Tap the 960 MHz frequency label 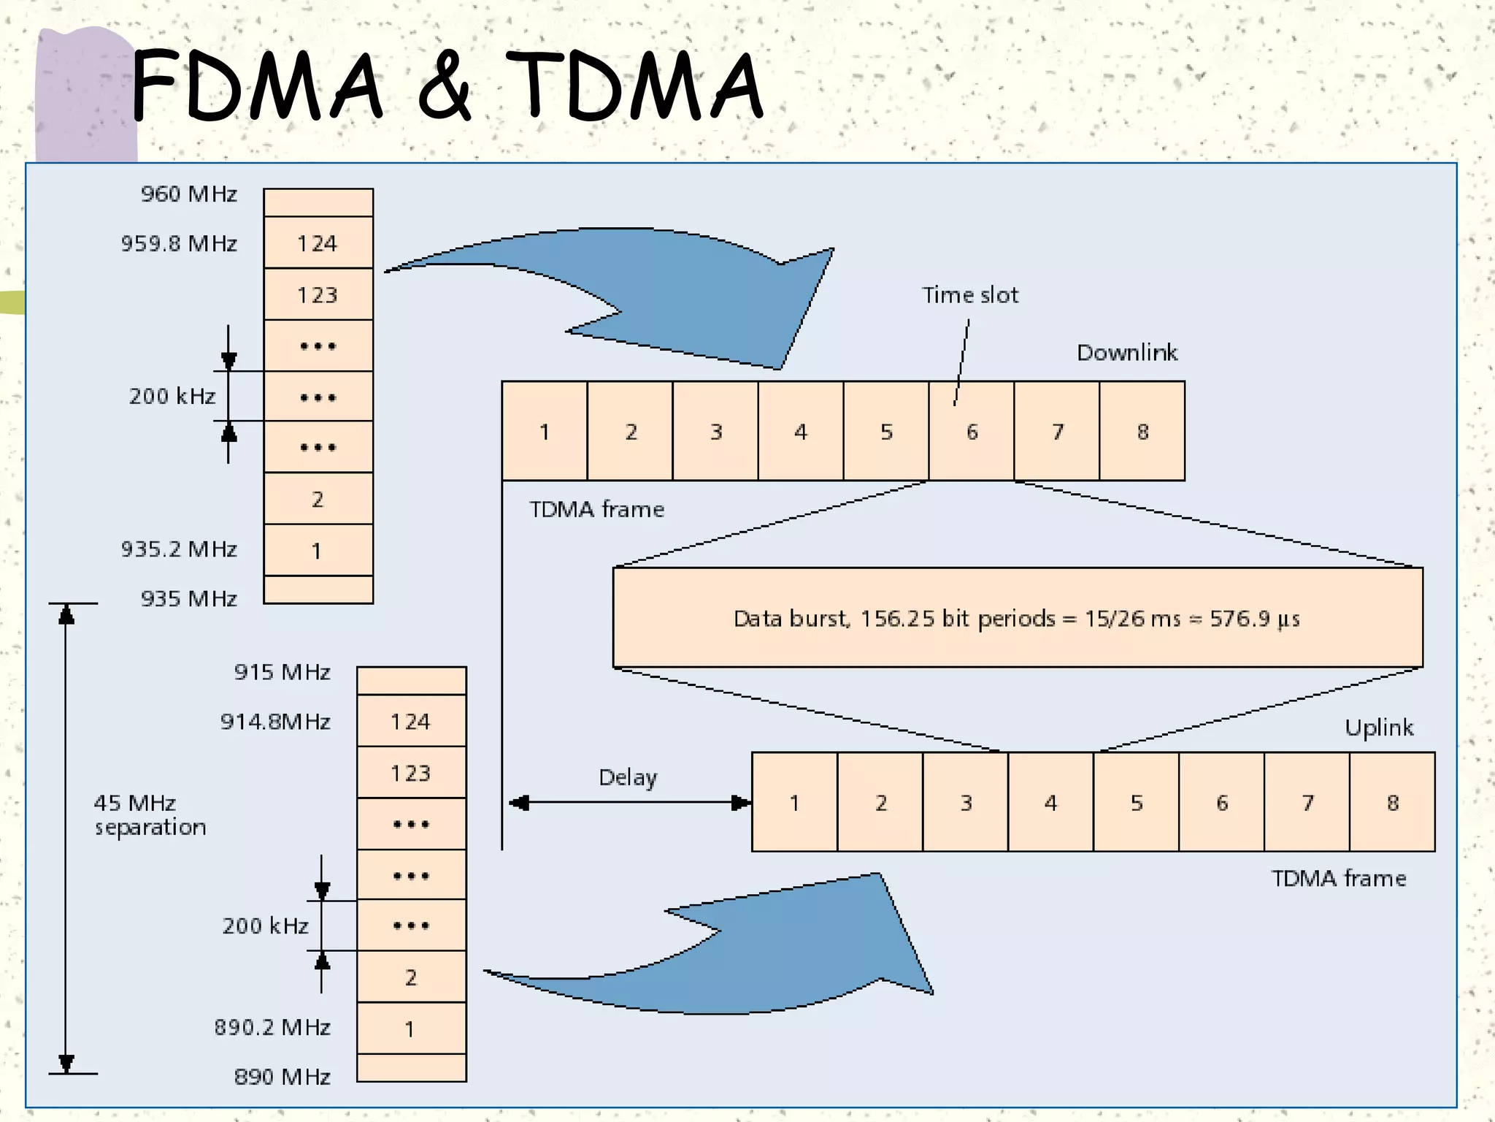pyautogui.click(x=188, y=194)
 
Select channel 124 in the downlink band pyautogui.click(x=318, y=243)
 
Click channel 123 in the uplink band pyautogui.click(x=411, y=773)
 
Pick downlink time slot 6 pyautogui.click(x=972, y=432)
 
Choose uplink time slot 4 pyautogui.click(x=1050, y=803)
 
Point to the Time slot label pyautogui.click(x=969, y=295)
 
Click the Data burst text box pyautogui.click(x=1017, y=618)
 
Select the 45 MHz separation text pyautogui.click(x=150, y=815)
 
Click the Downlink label pyautogui.click(x=1126, y=353)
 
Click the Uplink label pyautogui.click(x=1378, y=728)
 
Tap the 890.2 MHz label pyautogui.click(x=272, y=1028)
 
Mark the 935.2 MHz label pyautogui.click(x=179, y=549)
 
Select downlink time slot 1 pyautogui.click(x=545, y=432)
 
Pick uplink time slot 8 pyautogui.click(x=1392, y=803)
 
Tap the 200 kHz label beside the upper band pyautogui.click(x=172, y=396)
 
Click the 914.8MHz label pyautogui.click(x=275, y=722)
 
